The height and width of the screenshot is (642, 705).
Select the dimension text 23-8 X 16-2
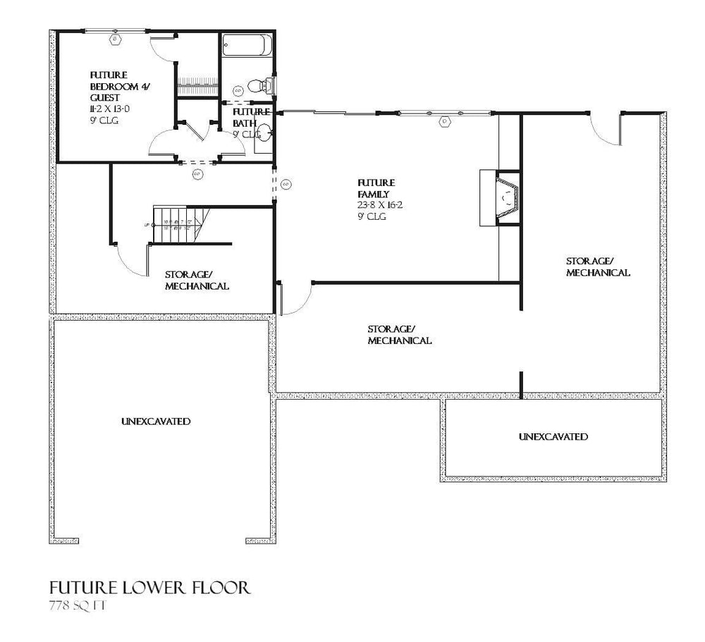pos(381,205)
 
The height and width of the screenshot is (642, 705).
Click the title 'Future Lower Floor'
pos(149,588)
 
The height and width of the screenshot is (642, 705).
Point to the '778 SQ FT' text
pos(78,606)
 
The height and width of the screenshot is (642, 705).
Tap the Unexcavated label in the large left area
pos(156,421)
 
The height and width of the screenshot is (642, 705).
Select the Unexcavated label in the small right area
pos(553,437)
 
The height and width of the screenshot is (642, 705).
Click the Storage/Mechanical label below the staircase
pos(197,280)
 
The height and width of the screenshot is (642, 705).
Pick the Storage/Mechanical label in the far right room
pos(598,266)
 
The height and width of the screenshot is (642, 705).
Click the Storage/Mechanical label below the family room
pos(399,335)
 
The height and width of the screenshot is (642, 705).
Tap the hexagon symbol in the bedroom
pos(114,40)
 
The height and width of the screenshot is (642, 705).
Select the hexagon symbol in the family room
pos(445,121)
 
